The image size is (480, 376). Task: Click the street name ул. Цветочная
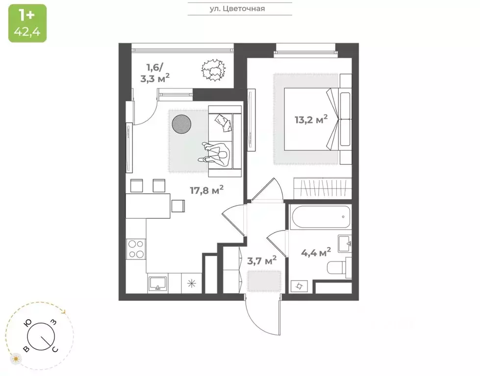[240, 8]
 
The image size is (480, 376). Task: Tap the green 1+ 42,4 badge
[27, 23]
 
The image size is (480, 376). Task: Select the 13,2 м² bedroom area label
[311, 119]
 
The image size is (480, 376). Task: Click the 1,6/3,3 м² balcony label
[157, 71]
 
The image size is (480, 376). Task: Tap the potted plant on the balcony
[213, 69]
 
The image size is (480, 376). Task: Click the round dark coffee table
[182, 124]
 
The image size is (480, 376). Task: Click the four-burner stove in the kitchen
[135, 249]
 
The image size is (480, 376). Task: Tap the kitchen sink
[158, 283]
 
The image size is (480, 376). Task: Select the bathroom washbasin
[344, 242]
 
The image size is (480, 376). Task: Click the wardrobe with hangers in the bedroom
[322, 187]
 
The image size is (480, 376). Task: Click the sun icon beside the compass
[16, 359]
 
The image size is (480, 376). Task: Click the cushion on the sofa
[223, 122]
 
